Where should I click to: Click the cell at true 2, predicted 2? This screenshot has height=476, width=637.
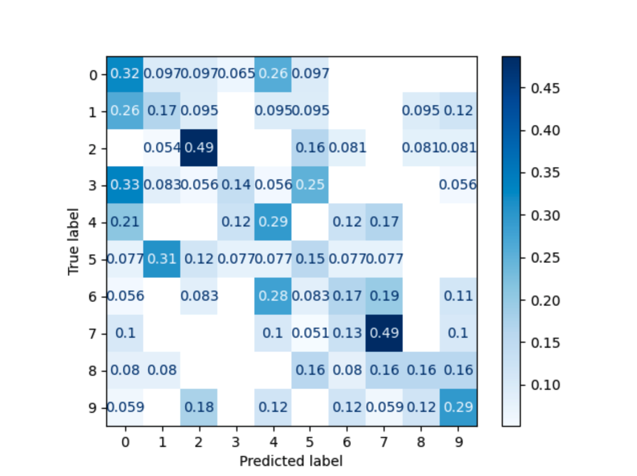pyautogui.click(x=199, y=148)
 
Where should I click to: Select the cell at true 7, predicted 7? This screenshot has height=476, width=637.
pyautogui.click(x=384, y=334)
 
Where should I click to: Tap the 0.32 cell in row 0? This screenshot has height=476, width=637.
pyautogui.click(x=125, y=74)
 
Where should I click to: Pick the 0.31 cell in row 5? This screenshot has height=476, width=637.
pyautogui.click(x=162, y=260)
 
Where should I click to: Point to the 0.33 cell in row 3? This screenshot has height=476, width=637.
pyautogui.click(x=125, y=185)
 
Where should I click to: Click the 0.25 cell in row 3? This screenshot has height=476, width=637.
pyautogui.click(x=310, y=185)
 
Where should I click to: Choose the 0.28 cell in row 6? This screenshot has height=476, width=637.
pyautogui.click(x=273, y=297)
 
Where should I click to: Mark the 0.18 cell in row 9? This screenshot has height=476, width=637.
pyautogui.click(x=199, y=408)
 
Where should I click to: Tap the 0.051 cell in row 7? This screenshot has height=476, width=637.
pyautogui.click(x=310, y=334)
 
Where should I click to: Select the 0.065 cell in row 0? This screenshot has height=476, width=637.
pyautogui.click(x=236, y=74)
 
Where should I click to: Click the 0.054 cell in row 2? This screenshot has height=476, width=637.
pyautogui.click(x=162, y=148)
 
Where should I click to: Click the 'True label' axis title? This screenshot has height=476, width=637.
pyautogui.click(x=74, y=241)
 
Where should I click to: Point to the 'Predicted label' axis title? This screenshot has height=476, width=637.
pyautogui.click(x=291, y=460)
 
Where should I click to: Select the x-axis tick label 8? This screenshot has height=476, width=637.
pyautogui.click(x=421, y=441)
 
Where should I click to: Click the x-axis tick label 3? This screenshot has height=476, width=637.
pyautogui.click(x=236, y=441)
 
